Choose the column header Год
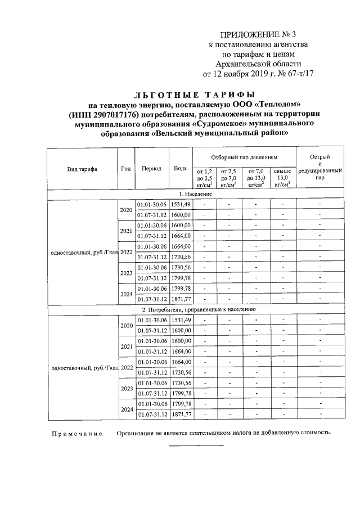[126, 169]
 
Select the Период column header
[152, 169]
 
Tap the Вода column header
[181, 169]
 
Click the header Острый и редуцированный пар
[319, 166]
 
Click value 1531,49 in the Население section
[181, 204]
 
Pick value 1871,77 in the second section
[181, 415]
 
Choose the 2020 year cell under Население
[126, 209]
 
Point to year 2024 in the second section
[126, 409]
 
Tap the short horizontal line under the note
[196, 445]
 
